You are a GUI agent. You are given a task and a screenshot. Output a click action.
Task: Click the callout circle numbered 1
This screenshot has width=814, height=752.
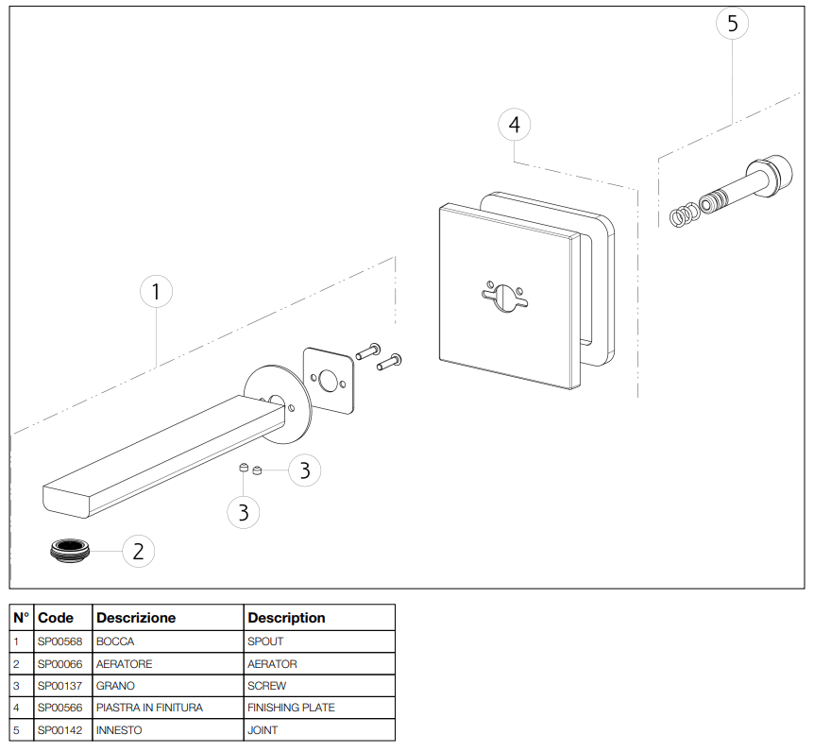[157, 291]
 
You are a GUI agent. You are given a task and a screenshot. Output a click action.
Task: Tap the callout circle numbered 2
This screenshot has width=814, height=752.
[138, 551]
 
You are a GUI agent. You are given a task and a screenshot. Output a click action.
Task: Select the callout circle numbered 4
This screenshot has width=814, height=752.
[514, 125]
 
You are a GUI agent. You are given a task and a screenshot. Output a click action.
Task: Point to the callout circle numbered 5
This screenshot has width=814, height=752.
[733, 24]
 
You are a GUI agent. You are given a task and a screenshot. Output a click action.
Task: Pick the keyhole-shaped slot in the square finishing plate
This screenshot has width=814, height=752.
[506, 295]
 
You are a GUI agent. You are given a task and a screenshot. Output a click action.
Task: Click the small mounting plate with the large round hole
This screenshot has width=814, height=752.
[330, 380]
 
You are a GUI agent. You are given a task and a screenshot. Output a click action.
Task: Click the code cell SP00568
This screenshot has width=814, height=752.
[60, 642]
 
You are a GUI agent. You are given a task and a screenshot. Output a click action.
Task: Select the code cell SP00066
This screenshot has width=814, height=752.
[60, 664]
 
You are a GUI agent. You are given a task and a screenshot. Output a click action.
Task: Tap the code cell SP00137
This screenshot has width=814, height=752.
[60, 686]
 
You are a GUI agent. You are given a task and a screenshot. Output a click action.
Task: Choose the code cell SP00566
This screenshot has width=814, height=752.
[60, 708]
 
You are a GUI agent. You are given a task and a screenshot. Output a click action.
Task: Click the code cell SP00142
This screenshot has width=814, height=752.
[60, 729]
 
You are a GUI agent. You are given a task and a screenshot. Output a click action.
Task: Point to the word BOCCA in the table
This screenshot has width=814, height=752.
[115, 642]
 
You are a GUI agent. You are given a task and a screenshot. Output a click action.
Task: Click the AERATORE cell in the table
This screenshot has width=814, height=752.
[124, 664]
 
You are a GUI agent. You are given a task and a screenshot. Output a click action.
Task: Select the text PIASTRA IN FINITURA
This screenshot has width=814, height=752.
[149, 708]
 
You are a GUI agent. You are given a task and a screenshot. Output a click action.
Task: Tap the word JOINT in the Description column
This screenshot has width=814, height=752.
[263, 729]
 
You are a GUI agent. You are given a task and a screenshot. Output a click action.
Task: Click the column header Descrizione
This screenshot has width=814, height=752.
[136, 618]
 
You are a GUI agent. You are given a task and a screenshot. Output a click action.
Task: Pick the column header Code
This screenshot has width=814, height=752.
[56, 618]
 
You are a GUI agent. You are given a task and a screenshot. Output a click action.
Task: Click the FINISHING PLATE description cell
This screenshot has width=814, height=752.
[291, 708]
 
